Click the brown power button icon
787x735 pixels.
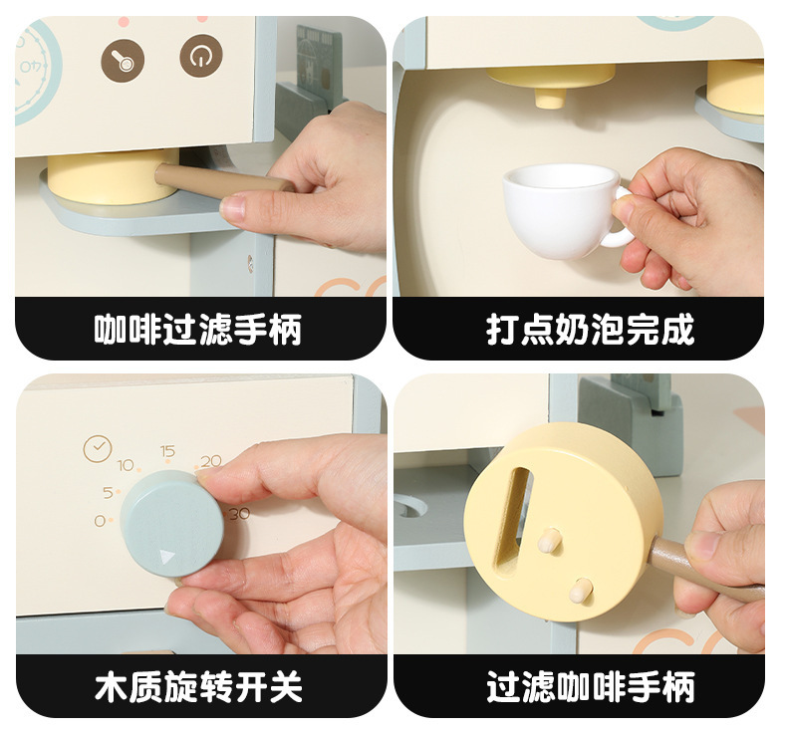click(x=201, y=56)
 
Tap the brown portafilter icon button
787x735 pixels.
click(x=123, y=60)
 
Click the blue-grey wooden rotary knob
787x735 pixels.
click(x=171, y=523)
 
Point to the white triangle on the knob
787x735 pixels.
click(x=167, y=557)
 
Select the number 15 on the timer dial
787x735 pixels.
click(x=167, y=451)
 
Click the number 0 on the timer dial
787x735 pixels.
click(x=100, y=521)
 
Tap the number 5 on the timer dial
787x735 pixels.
click(x=108, y=493)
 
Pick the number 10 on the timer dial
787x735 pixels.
click(x=126, y=465)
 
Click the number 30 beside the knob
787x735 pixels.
click(x=239, y=514)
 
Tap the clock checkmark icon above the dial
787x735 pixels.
click(x=98, y=448)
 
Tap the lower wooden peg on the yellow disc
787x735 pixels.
click(x=581, y=590)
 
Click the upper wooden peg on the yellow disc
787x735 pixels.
click(x=549, y=540)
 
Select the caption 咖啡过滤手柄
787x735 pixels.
click(x=198, y=330)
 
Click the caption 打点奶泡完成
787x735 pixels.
click(x=590, y=330)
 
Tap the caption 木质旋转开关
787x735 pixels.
click(x=198, y=686)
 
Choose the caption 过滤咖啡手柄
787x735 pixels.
click(x=591, y=686)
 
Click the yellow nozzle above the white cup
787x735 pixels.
click(x=550, y=87)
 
